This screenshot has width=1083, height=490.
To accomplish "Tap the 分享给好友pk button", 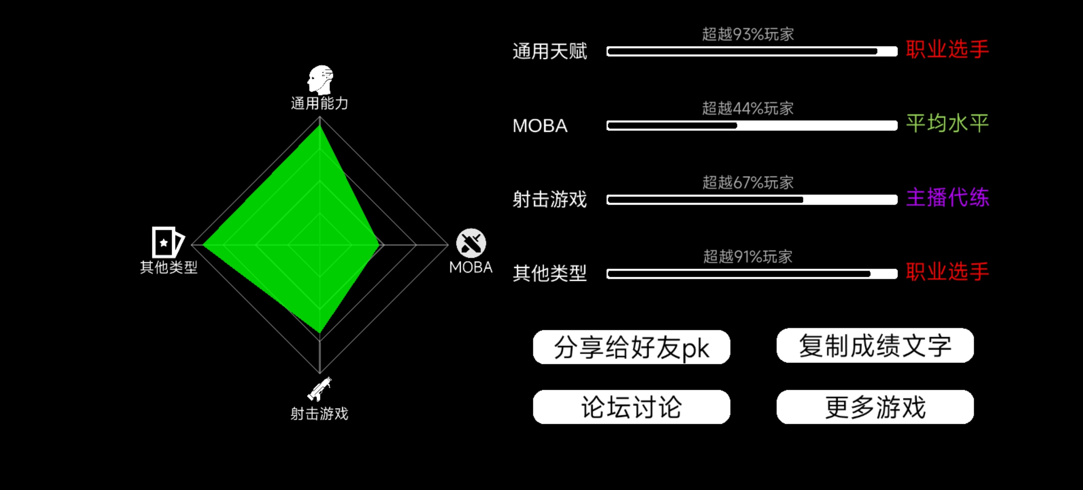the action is tap(631, 347).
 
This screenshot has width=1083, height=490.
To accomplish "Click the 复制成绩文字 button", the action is tap(875, 345).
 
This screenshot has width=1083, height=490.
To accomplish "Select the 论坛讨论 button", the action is tap(631, 407).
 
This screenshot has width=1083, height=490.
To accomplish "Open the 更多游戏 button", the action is tap(875, 407).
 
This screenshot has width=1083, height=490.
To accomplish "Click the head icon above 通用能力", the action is tap(321, 80).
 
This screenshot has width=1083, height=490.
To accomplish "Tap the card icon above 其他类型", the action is tap(168, 242).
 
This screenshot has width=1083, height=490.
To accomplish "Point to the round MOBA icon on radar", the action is tap(471, 243).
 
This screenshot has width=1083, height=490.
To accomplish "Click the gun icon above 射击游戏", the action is tap(320, 389).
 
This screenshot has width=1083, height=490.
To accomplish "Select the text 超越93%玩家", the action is tap(748, 34).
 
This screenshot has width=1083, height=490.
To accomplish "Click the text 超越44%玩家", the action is tap(748, 108).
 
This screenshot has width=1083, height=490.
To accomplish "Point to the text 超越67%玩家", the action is tap(748, 182).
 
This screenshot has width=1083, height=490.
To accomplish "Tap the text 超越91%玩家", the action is tap(748, 257).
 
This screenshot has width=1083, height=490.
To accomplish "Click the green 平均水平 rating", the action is tap(947, 123).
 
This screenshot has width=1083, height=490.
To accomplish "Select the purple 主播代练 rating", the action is tap(947, 197).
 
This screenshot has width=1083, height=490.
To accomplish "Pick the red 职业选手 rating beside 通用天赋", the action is tap(947, 49).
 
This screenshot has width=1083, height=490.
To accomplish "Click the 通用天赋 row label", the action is tap(550, 51).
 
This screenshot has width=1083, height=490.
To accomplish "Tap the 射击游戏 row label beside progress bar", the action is tap(550, 200).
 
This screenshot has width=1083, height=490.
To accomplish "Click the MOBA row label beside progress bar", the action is tap(540, 126).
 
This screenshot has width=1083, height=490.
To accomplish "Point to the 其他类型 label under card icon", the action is tap(169, 267).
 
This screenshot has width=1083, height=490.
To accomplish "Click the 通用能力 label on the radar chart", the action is tap(320, 103).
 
